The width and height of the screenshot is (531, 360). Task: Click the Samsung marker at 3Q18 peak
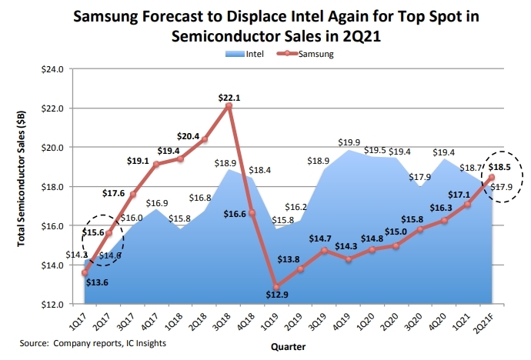point(229,105)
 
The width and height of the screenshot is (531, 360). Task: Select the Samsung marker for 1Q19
point(275,287)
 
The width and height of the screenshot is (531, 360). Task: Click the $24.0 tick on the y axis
point(51,69)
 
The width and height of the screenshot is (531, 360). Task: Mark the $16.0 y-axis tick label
point(51,226)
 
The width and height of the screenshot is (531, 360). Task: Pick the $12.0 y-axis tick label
point(51,305)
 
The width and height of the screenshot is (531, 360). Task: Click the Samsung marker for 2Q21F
point(491,178)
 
